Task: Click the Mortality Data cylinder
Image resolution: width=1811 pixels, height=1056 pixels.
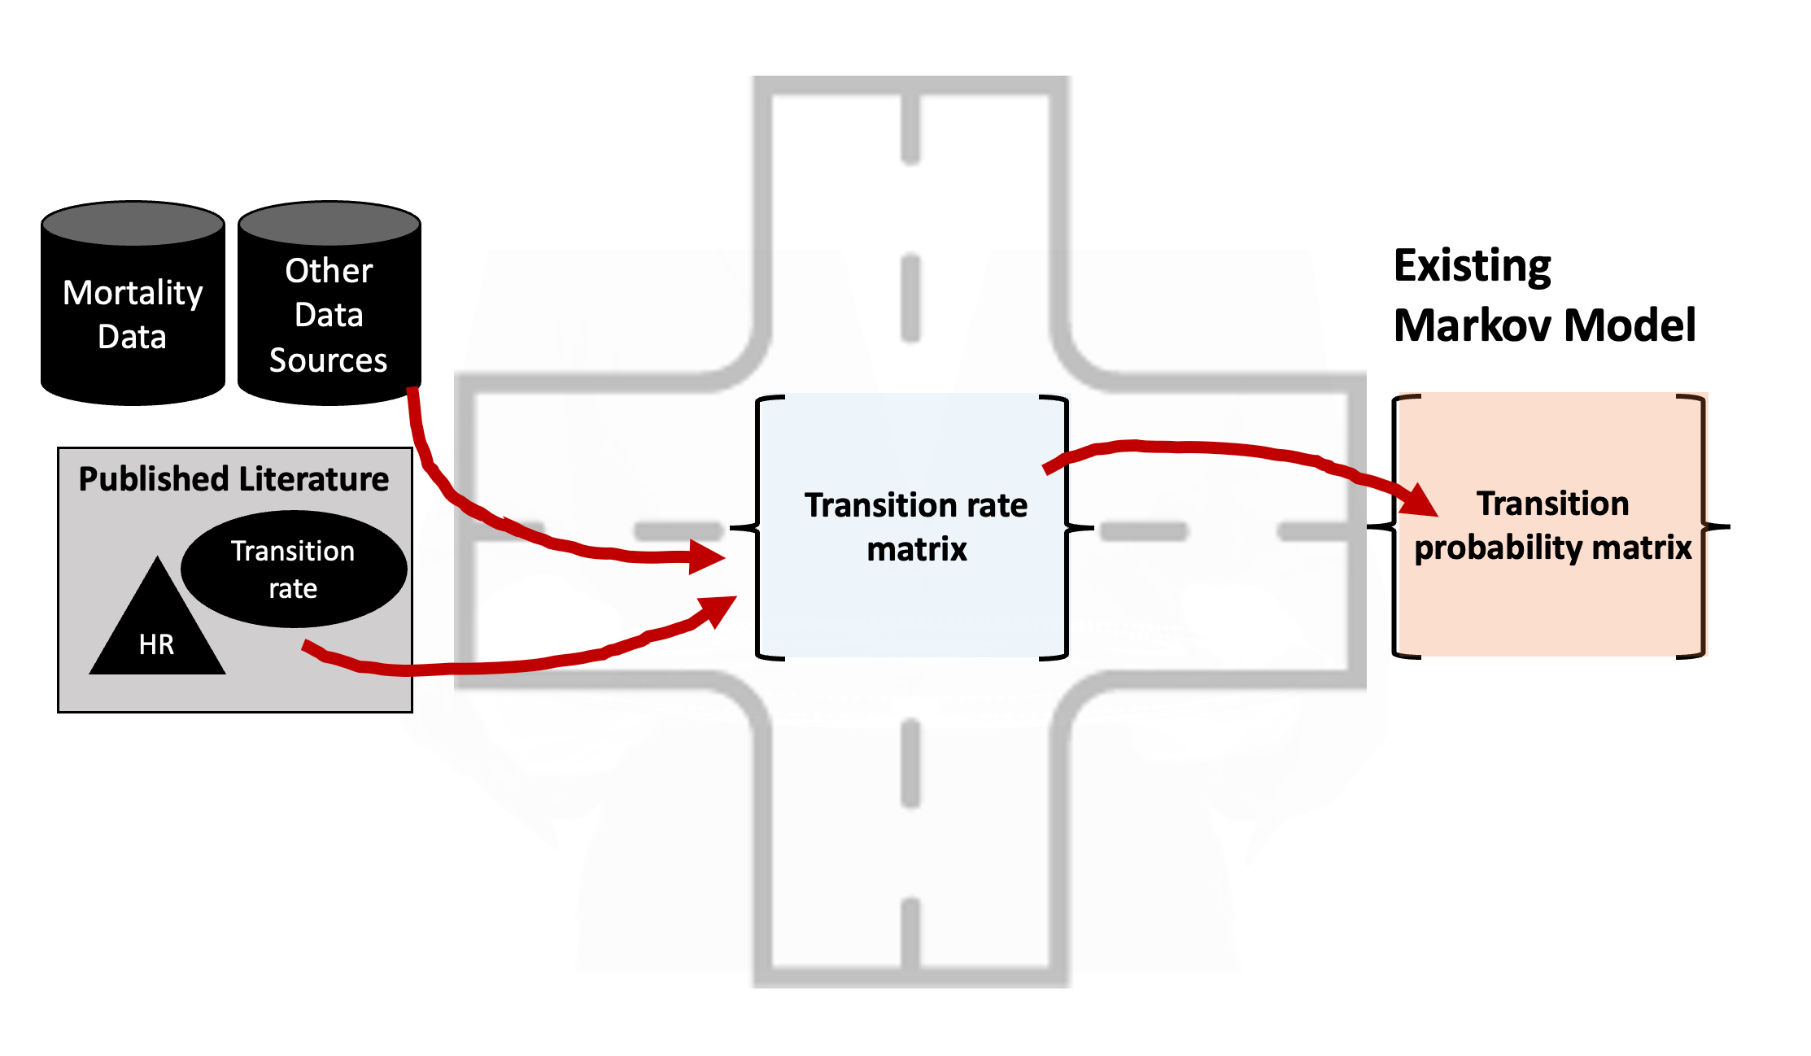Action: click(133, 313)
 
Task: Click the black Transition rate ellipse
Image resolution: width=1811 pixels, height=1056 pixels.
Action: click(293, 569)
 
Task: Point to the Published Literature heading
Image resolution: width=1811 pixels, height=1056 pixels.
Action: click(233, 479)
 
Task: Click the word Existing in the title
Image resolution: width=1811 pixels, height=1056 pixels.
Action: click(1473, 266)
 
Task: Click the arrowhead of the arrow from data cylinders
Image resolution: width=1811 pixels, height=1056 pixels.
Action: click(706, 556)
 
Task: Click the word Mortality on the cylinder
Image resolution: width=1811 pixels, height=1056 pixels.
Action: click(133, 293)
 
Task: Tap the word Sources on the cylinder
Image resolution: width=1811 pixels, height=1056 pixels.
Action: click(328, 360)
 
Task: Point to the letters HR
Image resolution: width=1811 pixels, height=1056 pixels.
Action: click(156, 644)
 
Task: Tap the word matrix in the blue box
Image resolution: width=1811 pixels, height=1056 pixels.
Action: click(917, 549)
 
